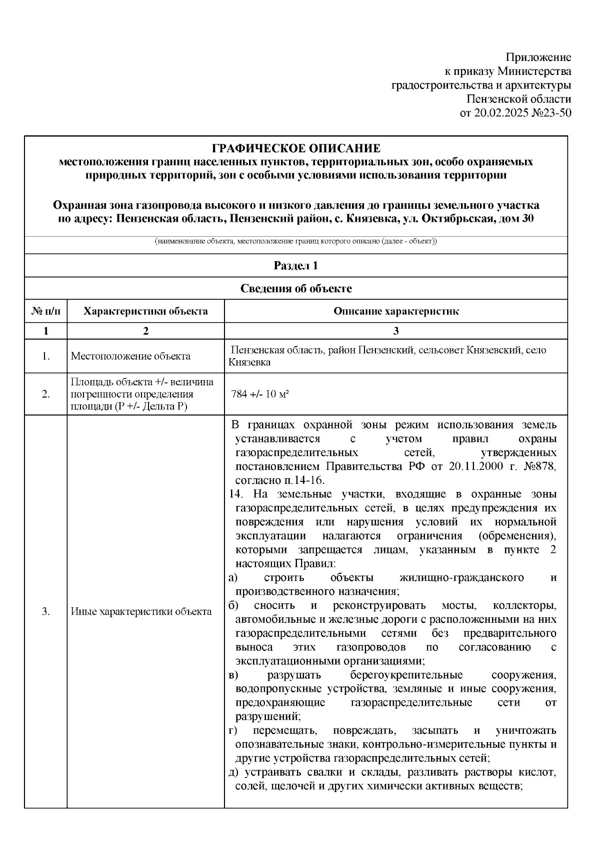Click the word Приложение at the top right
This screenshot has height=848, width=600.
[x=538, y=57]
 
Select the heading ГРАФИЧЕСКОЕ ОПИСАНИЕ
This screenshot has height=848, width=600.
[x=296, y=148]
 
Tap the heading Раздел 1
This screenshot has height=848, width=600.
[x=296, y=266]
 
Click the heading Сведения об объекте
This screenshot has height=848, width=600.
[x=296, y=288]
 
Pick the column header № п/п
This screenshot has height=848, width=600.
[x=45, y=311]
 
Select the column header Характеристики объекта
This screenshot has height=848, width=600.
[x=145, y=311]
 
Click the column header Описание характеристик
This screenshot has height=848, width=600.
[x=396, y=311]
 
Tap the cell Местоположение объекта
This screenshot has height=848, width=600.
[x=130, y=356]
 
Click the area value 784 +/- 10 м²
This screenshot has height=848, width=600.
[x=260, y=394]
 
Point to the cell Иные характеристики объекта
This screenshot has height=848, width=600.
[x=141, y=611]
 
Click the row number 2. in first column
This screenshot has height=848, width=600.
[x=45, y=394]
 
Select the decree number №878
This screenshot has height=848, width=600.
[x=539, y=466]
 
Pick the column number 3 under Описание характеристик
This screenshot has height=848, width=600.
[x=396, y=331]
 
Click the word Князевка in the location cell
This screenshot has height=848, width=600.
[x=249, y=362]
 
